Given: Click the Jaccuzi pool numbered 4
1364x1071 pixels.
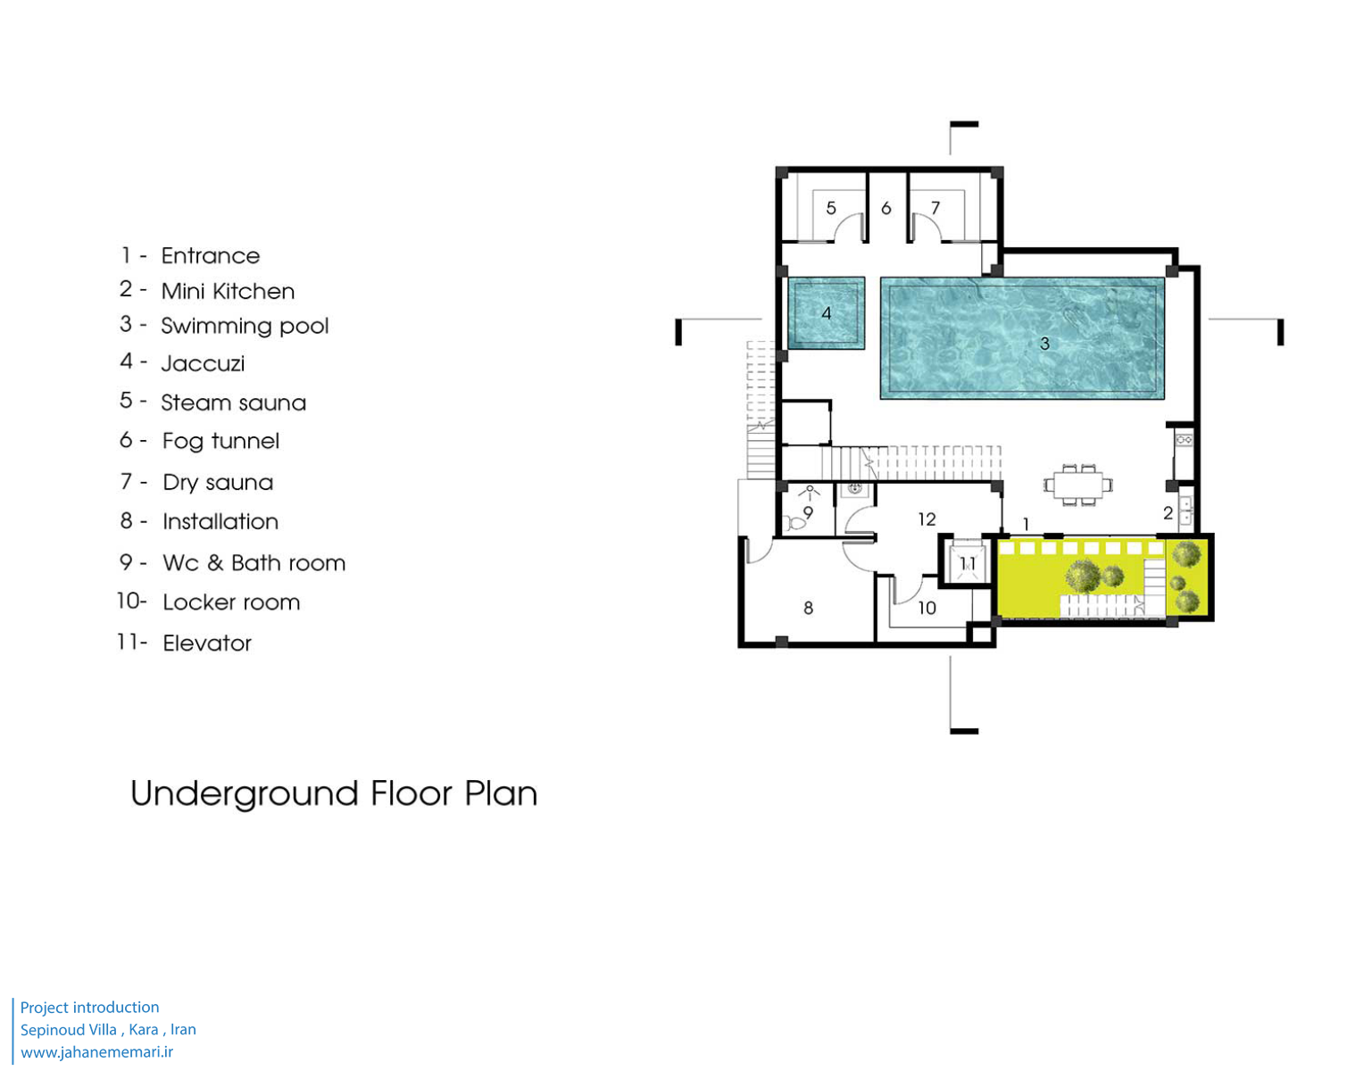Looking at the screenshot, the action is (x=826, y=312).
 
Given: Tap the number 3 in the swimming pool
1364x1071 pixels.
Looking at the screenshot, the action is (x=1044, y=344).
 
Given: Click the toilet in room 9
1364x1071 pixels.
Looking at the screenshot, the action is (x=794, y=523).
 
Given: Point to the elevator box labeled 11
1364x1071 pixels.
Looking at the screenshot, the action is (x=967, y=563).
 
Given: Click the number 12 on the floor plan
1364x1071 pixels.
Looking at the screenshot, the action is (x=927, y=519).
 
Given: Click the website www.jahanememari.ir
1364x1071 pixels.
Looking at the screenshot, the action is (x=96, y=1051).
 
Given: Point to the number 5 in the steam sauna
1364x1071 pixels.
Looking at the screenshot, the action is (x=831, y=208).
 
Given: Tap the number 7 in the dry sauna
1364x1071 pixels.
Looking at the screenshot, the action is (x=936, y=208).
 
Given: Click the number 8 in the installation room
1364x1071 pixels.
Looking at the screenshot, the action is (x=809, y=607).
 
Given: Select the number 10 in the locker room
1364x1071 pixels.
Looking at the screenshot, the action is (x=927, y=607).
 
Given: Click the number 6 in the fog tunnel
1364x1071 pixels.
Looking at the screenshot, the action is (x=886, y=208).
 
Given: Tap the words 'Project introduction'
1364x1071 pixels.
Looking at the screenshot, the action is (x=90, y=1007).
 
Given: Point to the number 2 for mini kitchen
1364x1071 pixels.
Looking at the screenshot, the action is (x=1168, y=512).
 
